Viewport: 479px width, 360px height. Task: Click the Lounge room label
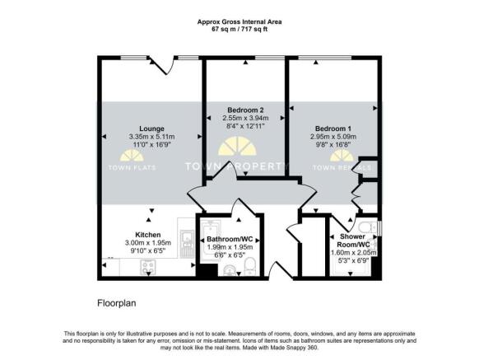pyautogui.click(x=151, y=129)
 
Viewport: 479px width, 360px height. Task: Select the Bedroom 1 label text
pyautogui.click(x=333, y=129)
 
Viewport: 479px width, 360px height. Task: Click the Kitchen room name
pyautogui.click(x=147, y=235)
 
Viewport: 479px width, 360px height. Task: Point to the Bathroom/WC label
pyautogui.click(x=230, y=239)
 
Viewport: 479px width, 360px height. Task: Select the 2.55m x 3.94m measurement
pyautogui.click(x=245, y=119)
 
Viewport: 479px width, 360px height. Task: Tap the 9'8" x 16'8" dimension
pyautogui.click(x=333, y=145)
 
